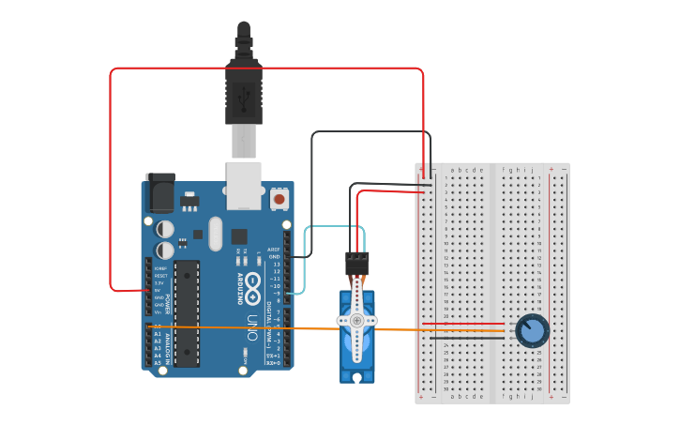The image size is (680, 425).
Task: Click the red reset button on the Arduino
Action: pyautogui.click(x=279, y=199)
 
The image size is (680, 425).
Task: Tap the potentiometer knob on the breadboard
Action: pyautogui.click(x=532, y=330)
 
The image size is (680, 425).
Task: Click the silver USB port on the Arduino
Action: pyautogui.click(x=244, y=185)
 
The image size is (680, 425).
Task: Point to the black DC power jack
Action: pyautogui.click(x=159, y=193)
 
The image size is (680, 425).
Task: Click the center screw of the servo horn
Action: pyautogui.click(x=356, y=320)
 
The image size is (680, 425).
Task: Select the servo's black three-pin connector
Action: pyautogui.click(x=357, y=262)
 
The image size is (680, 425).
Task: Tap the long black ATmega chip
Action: pyautogui.click(x=187, y=312)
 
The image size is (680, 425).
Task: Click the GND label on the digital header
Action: pyautogui.click(x=275, y=257)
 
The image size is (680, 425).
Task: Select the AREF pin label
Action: pyautogui.click(x=275, y=250)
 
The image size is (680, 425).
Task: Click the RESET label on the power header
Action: pyautogui.click(x=160, y=276)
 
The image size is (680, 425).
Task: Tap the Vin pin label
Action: pyautogui.click(x=160, y=312)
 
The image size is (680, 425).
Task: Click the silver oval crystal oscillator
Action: pyautogui.click(x=216, y=234)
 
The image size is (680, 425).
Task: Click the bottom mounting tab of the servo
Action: pyautogui.click(x=356, y=377)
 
